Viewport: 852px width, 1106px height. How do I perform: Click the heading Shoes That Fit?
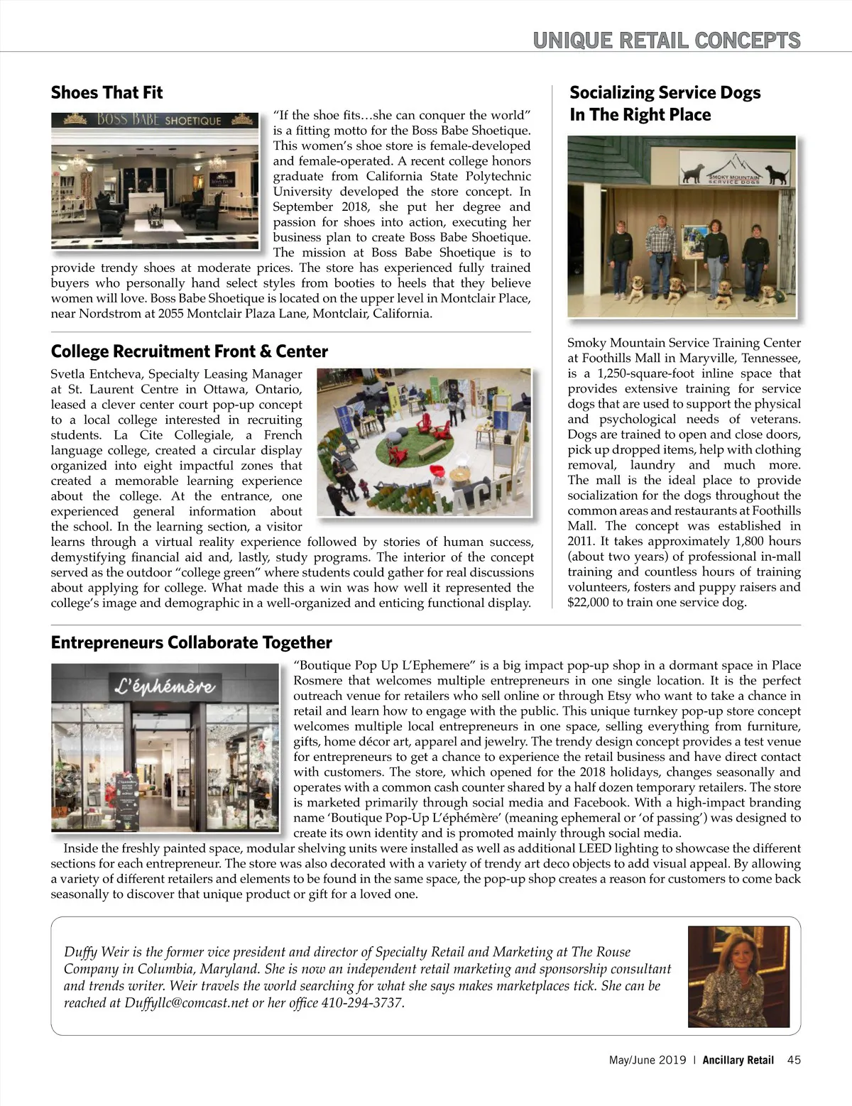[x=106, y=93]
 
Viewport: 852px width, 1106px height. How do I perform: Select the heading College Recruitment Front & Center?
[x=189, y=351]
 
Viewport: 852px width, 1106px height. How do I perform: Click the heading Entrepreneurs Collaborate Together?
[x=191, y=642]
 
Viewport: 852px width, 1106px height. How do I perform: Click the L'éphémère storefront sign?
[x=165, y=686]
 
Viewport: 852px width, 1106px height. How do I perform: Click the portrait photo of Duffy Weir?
[x=738, y=977]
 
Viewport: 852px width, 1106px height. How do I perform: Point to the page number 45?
[x=794, y=1061]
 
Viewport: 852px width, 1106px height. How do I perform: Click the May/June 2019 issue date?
[x=647, y=1061]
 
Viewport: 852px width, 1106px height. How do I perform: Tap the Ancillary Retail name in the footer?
[x=738, y=1061]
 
